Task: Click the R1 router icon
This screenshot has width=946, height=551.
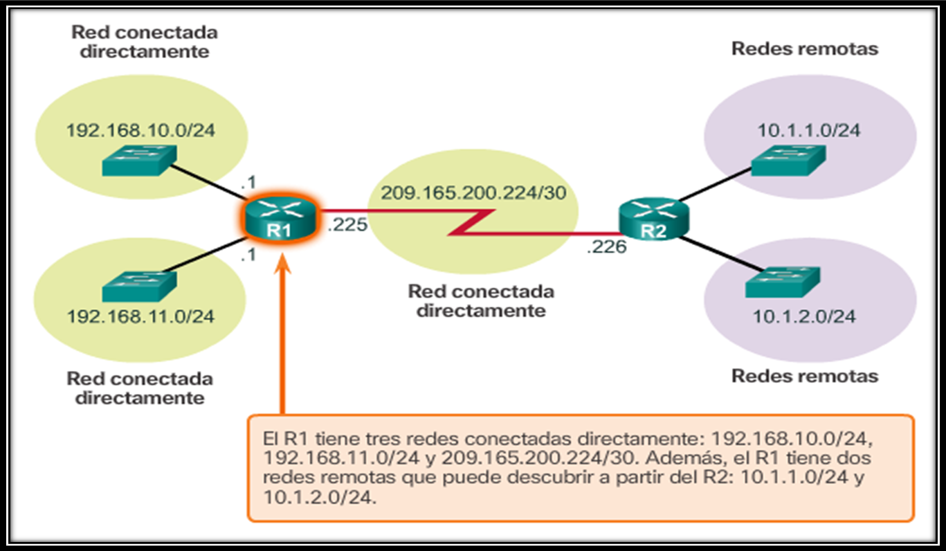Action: [280, 219]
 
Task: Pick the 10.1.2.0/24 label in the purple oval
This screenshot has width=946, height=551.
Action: [804, 316]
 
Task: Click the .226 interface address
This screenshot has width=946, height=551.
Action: [606, 246]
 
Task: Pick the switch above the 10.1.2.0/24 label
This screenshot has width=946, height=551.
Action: [782, 282]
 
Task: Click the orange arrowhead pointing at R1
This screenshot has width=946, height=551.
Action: [283, 265]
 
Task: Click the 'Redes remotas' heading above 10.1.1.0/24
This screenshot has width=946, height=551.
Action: [805, 48]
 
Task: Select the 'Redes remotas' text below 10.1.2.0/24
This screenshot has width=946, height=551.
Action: [805, 376]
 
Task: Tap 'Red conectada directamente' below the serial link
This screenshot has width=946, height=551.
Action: [481, 300]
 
